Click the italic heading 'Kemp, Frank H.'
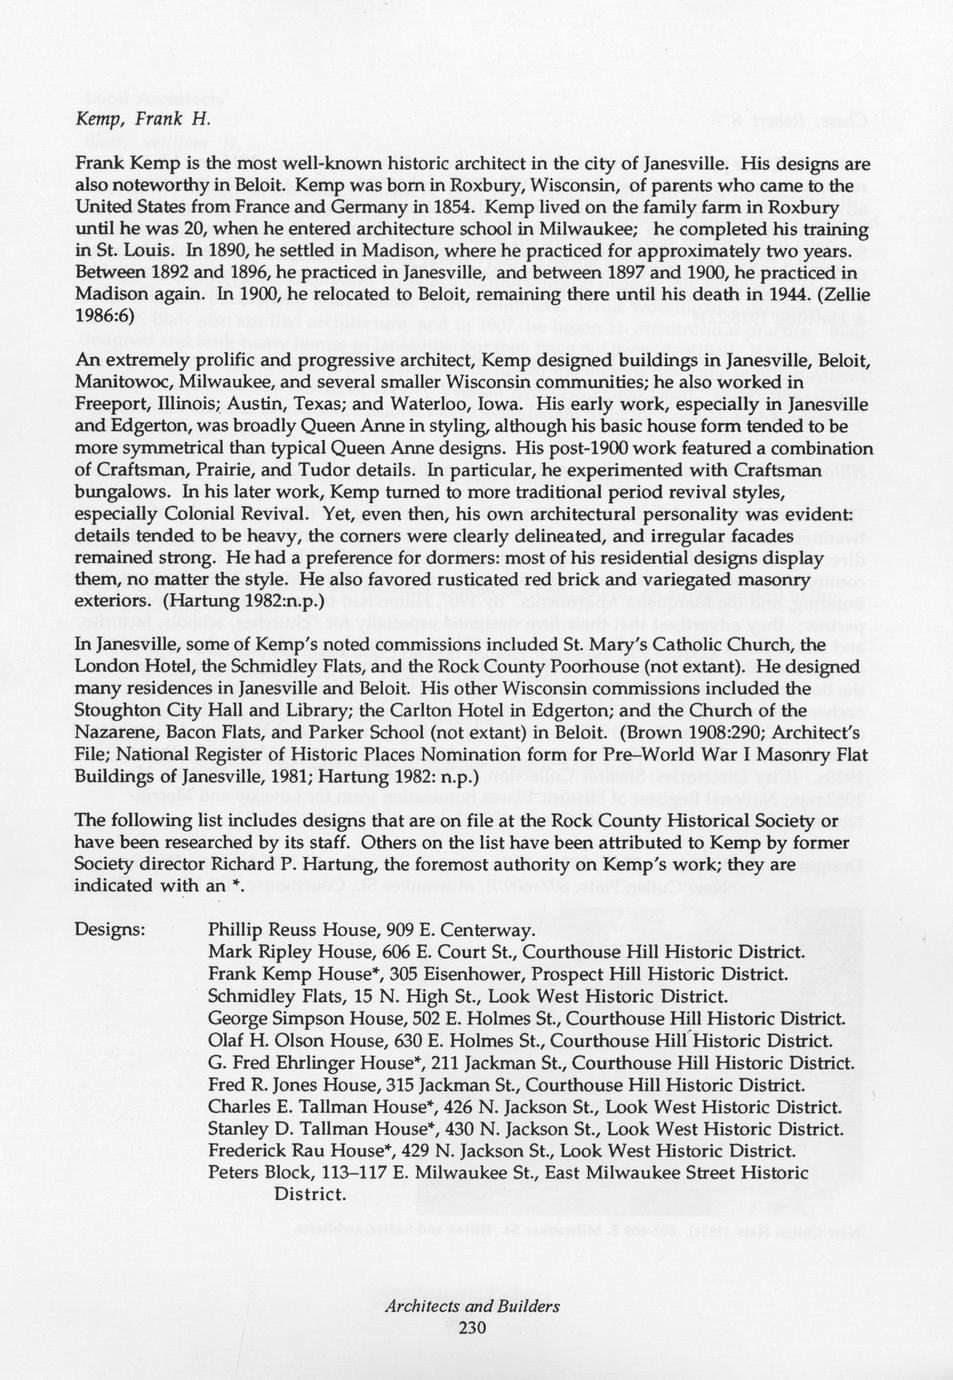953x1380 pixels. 143,119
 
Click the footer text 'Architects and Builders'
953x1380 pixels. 472,1306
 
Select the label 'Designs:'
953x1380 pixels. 110,930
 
